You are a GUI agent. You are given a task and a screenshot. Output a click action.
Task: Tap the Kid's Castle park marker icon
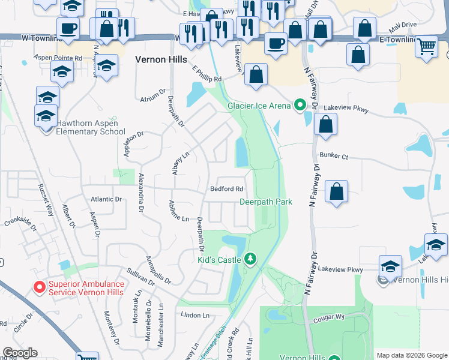pos(252,260)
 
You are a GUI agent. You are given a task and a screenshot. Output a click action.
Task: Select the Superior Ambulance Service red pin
pos(40,287)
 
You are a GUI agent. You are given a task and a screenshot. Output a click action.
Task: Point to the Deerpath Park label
pos(266,202)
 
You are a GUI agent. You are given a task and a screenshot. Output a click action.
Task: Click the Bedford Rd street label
pos(227,189)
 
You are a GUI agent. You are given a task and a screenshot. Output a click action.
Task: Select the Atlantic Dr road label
pos(106,199)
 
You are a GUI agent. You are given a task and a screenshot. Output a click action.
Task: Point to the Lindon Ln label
pos(194,315)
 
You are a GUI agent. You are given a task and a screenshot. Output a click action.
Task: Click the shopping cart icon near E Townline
pos(426,46)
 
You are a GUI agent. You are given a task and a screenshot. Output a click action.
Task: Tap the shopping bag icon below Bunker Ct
pos(337,192)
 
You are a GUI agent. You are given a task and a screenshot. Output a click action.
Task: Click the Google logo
pos(20,353)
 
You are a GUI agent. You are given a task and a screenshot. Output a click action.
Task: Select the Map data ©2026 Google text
pos(411,355)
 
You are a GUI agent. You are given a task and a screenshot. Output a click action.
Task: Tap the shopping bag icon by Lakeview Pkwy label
pos(325,125)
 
